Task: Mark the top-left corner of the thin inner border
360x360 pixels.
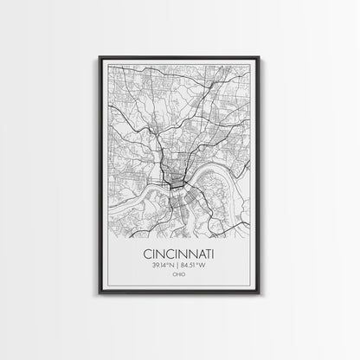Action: (102, 63)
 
